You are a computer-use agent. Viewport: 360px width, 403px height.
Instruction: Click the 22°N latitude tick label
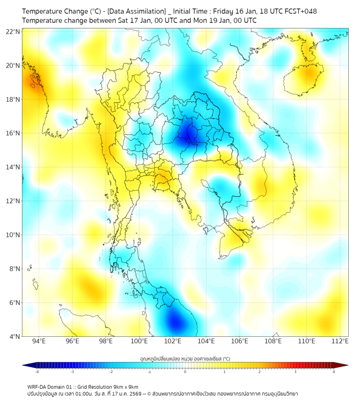click(x=14, y=32)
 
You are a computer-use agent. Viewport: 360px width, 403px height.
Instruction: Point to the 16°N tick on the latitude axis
click(x=14, y=133)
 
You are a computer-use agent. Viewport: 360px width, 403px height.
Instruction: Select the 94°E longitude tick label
click(x=39, y=341)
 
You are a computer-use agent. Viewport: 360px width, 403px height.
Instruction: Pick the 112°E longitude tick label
click(x=340, y=341)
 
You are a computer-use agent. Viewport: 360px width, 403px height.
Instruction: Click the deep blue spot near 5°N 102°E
click(x=175, y=322)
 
